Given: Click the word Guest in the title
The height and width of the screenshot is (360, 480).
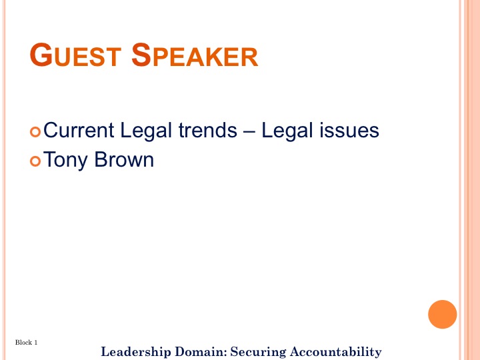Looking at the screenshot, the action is [75, 55].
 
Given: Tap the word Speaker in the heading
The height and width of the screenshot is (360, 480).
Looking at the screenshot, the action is [195, 55].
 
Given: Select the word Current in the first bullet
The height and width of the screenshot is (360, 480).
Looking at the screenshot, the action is [79, 130].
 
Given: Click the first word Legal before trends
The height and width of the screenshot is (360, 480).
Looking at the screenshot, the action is [146, 131].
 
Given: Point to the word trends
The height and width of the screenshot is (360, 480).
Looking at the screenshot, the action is [208, 130].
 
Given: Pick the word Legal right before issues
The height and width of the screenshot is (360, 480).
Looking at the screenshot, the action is [287, 131].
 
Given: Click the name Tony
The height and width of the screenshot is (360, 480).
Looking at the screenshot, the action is [65, 161].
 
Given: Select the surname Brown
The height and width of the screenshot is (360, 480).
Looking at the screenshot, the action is [124, 159].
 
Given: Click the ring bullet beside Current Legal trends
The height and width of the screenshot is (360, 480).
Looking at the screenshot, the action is [35, 132].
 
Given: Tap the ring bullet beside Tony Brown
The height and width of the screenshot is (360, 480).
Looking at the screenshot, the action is [35, 161].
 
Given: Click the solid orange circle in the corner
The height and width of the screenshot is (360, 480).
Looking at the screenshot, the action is [443, 315].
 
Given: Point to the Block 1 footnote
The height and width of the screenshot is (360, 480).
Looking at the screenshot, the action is [26, 342].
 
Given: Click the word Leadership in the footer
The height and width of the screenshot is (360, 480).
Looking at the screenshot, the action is [136, 352].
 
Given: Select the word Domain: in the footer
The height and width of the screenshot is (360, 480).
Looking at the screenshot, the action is [201, 351].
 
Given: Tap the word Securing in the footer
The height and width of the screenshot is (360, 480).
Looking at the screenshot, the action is [258, 352].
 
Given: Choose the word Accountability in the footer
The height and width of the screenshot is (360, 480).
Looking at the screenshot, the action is [336, 352].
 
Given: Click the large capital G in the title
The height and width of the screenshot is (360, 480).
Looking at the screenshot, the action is [41, 55].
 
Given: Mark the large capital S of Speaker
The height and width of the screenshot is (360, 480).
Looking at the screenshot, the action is [141, 55].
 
